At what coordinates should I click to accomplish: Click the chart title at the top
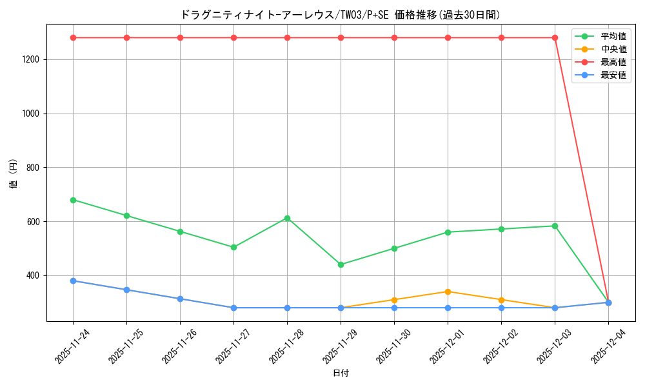pyautogui.click(x=340, y=14)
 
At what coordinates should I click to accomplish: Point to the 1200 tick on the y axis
pyautogui.click(x=32, y=59)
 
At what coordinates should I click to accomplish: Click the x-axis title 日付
pyautogui.click(x=341, y=373)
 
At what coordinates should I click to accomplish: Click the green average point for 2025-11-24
pyautogui.click(x=73, y=200)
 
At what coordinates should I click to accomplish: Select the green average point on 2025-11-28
pyautogui.click(x=287, y=218)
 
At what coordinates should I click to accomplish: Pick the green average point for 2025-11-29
pyautogui.click(x=341, y=264)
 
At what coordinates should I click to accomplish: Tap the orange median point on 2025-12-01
pyautogui.click(x=448, y=292)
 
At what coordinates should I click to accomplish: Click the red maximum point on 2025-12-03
pyautogui.click(x=555, y=37)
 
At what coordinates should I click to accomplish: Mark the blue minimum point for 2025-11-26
pyautogui.click(x=180, y=299)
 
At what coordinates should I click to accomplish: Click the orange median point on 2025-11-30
pyautogui.click(x=394, y=300)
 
